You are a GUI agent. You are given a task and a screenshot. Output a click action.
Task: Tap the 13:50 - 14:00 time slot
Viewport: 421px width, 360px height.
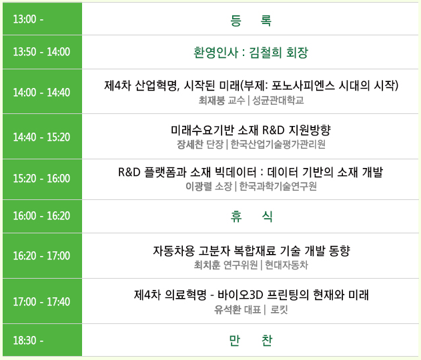[41, 52]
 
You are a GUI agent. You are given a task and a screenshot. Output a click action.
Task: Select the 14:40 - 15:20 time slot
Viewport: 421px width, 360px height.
[41, 137]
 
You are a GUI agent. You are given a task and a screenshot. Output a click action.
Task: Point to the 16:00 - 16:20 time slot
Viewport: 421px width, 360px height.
[41, 216]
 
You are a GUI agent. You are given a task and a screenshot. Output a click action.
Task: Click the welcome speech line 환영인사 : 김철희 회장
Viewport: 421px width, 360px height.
[250, 52]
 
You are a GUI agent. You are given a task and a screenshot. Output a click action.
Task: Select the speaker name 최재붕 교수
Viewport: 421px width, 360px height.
[222, 100]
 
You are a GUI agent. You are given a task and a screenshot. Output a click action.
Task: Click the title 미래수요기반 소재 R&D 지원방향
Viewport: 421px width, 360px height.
[250, 130]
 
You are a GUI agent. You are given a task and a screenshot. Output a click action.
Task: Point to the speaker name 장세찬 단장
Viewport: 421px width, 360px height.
[200, 144]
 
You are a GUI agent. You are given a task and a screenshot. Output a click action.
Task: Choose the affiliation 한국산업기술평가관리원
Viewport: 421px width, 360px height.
[278, 144]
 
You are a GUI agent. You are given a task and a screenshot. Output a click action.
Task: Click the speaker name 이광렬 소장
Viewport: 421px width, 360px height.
[209, 186]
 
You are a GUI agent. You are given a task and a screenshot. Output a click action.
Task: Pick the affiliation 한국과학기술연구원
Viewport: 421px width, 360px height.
[278, 186]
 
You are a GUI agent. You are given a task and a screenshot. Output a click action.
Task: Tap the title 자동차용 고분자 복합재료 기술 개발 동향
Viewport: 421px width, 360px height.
[252, 251]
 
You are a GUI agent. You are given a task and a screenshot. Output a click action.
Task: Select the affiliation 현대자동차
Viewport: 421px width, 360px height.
[286, 265]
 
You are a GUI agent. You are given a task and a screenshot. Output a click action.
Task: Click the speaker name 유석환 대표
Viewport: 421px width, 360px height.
[238, 309]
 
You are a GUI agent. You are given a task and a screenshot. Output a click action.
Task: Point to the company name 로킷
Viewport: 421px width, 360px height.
[280, 309]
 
